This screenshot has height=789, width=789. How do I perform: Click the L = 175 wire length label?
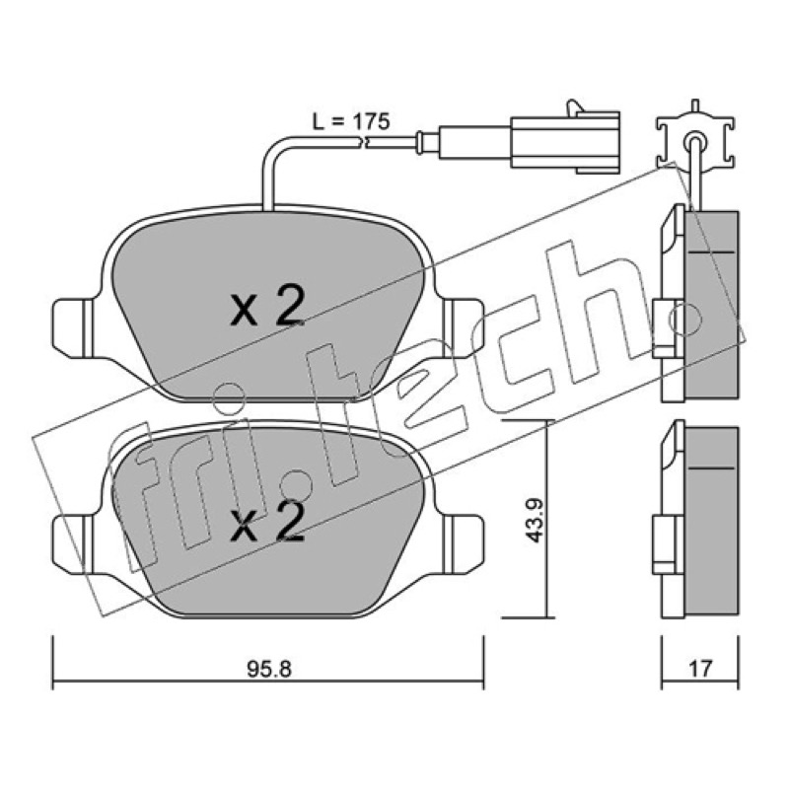(x=351, y=121)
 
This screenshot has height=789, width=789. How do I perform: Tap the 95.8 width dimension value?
(x=269, y=670)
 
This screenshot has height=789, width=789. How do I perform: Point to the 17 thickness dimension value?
(x=700, y=669)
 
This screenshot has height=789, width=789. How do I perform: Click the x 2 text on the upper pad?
(x=267, y=305)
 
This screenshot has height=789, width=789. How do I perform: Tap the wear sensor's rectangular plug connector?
(x=565, y=141)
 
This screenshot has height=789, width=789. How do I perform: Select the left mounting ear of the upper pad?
(x=73, y=327)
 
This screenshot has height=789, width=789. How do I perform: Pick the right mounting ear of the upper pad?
(x=463, y=327)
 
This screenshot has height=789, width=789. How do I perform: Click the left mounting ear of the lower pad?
(x=73, y=543)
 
